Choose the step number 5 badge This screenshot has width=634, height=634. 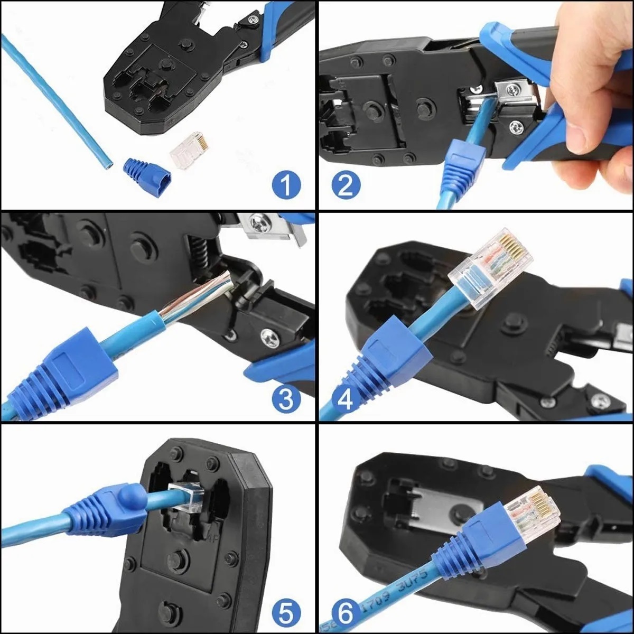[x=286, y=613]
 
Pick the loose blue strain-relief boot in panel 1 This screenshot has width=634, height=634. [x=144, y=171]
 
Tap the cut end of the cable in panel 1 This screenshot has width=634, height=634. [x=107, y=163]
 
